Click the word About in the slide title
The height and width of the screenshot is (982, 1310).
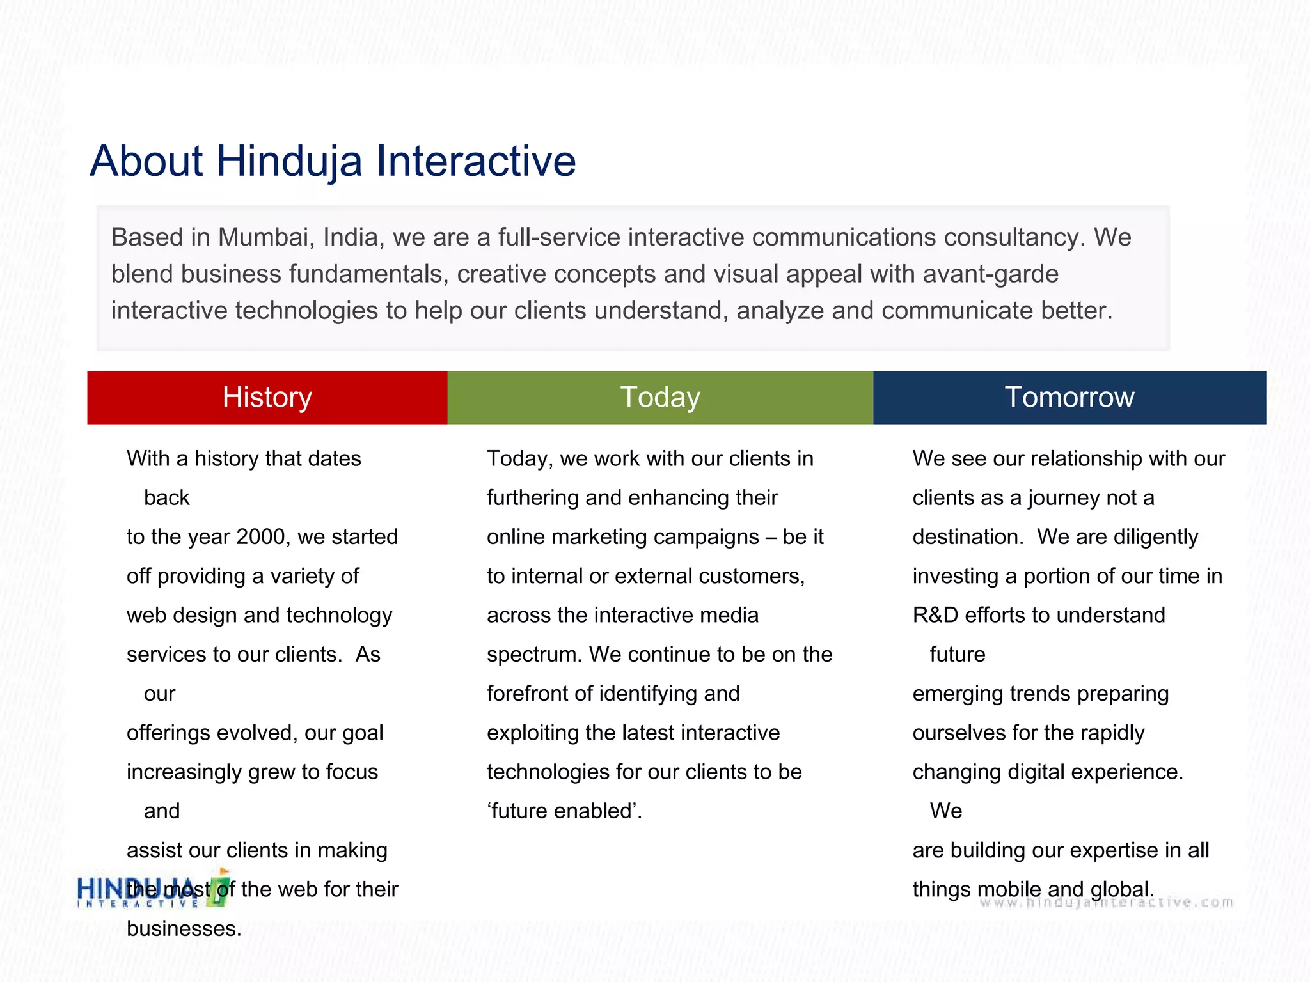[x=146, y=160]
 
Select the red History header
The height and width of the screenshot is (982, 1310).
[x=267, y=397]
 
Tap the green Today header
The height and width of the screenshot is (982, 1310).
[x=660, y=397]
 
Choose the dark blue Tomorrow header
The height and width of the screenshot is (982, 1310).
[x=1069, y=397]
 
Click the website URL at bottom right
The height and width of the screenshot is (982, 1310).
[x=1107, y=903]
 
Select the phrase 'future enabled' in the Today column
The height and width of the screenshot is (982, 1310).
[x=564, y=811]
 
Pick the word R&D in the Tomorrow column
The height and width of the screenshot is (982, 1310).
[x=935, y=615]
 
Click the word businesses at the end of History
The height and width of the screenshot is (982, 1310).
[x=184, y=929]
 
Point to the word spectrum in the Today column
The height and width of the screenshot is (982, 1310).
[x=534, y=655]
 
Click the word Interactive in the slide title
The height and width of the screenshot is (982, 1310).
[x=476, y=160]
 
